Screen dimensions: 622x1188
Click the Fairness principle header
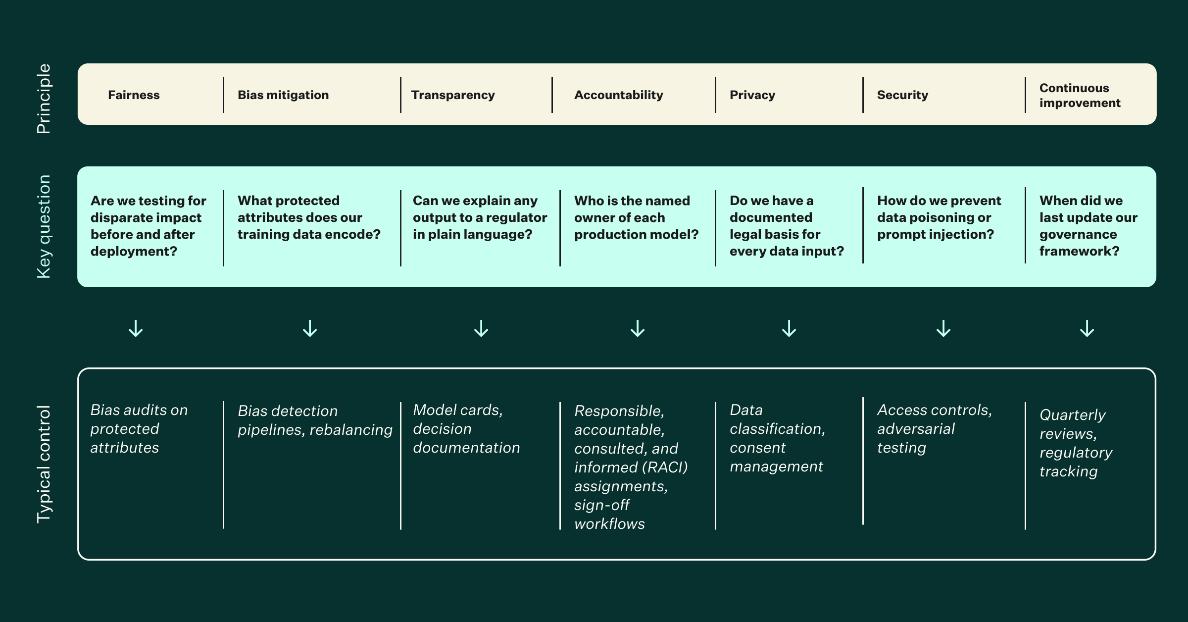[134, 95]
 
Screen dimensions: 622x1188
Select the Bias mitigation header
[283, 95]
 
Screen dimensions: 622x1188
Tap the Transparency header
[452, 95]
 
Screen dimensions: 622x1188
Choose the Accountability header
[618, 95]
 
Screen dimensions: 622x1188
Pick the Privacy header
[752, 95]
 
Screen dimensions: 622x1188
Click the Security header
[902, 95]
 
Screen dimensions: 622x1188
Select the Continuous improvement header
[1079, 96]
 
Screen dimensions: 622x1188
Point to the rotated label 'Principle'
[44, 99]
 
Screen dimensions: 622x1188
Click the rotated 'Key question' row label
[44, 226]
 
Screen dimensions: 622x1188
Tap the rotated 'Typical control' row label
[44, 464]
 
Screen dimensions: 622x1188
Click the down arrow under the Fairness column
[136, 328]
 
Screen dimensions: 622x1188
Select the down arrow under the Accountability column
[638, 328]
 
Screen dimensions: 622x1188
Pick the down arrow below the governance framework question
[1087, 328]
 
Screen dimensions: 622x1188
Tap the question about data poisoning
[938, 217]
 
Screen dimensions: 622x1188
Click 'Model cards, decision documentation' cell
[466, 429]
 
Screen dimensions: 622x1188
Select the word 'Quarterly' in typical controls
[1072, 415]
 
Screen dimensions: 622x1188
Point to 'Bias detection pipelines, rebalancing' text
[314, 420]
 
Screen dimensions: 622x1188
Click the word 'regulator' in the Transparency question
[516, 217]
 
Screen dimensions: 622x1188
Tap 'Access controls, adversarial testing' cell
[934, 429]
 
